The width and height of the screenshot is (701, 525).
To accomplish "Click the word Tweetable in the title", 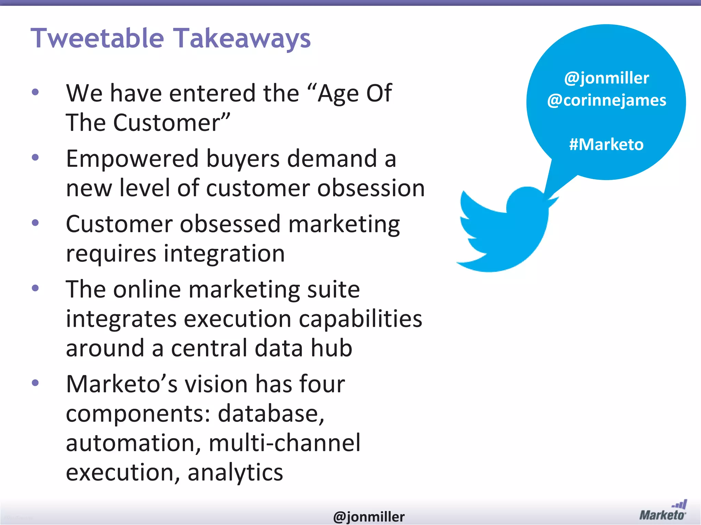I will pyautogui.click(x=98, y=38).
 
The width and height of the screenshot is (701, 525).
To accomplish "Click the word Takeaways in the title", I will pyautogui.click(x=242, y=38).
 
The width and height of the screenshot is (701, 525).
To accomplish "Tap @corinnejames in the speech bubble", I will pyautogui.click(x=607, y=100).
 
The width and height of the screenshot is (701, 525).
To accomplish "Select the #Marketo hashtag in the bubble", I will pyautogui.click(x=606, y=144).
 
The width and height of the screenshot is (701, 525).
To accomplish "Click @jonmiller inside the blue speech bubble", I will pyautogui.click(x=607, y=78).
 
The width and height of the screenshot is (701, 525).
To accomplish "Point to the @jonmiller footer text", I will pyautogui.click(x=369, y=516).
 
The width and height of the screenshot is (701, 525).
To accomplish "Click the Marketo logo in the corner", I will pyautogui.click(x=663, y=511).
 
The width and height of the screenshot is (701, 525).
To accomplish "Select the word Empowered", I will pyautogui.click(x=132, y=159).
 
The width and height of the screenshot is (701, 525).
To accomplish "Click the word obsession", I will pyautogui.click(x=371, y=188).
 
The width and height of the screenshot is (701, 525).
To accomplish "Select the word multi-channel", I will pyautogui.click(x=284, y=443).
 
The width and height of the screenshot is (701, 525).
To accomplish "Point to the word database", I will pyautogui.click(x=271, y=414).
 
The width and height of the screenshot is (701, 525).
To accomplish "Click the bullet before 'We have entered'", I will pyautogui.click(x=35, y=92).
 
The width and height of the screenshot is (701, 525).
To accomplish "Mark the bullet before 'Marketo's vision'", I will pyautogui.click(x=35, y=383).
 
